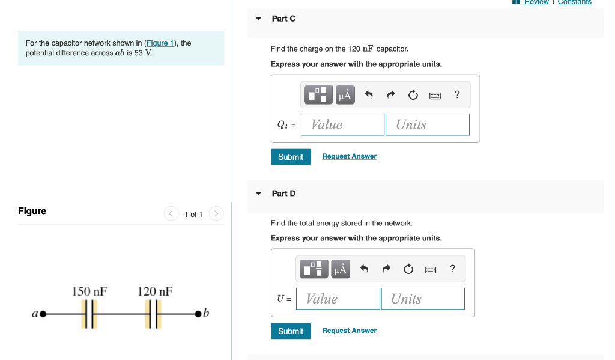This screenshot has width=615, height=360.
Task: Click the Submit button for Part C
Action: tap(291, 157)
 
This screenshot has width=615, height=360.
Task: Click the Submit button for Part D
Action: tap(291, 331)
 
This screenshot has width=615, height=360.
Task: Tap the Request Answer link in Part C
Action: tap(349, 156)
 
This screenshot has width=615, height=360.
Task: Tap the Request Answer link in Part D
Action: tap(349, 331)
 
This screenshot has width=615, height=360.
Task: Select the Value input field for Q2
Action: tap(342, 124)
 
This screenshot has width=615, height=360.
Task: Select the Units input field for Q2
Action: tap(427, 124)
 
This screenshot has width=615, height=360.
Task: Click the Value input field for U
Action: tap(338, 299)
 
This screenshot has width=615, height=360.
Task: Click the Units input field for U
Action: tap(422, 299)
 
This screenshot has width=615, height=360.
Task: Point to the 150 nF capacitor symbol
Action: tap(89, 314)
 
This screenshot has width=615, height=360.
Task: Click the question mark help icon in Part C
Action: tap(457, 94)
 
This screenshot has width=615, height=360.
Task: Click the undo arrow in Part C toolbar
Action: tap(369, 95)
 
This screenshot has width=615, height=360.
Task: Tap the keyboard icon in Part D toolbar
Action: tap(430, 269)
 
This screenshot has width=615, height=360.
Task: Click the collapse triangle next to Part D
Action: tap(258, 194)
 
